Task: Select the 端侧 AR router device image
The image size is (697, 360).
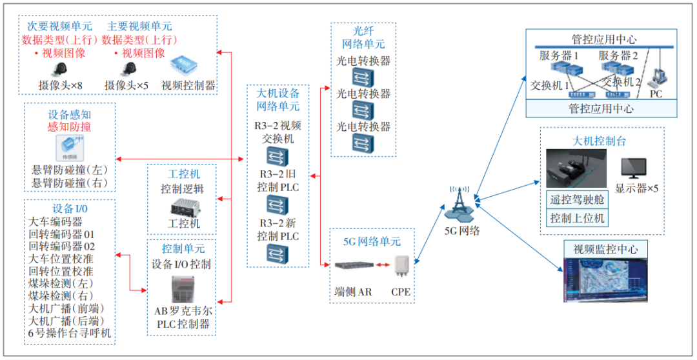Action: click(352, 265)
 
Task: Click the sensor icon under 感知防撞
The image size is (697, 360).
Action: click(69, 148)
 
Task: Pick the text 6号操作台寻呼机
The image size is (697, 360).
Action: click(70, 334)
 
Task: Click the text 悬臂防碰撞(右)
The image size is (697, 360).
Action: click(70, 184)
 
